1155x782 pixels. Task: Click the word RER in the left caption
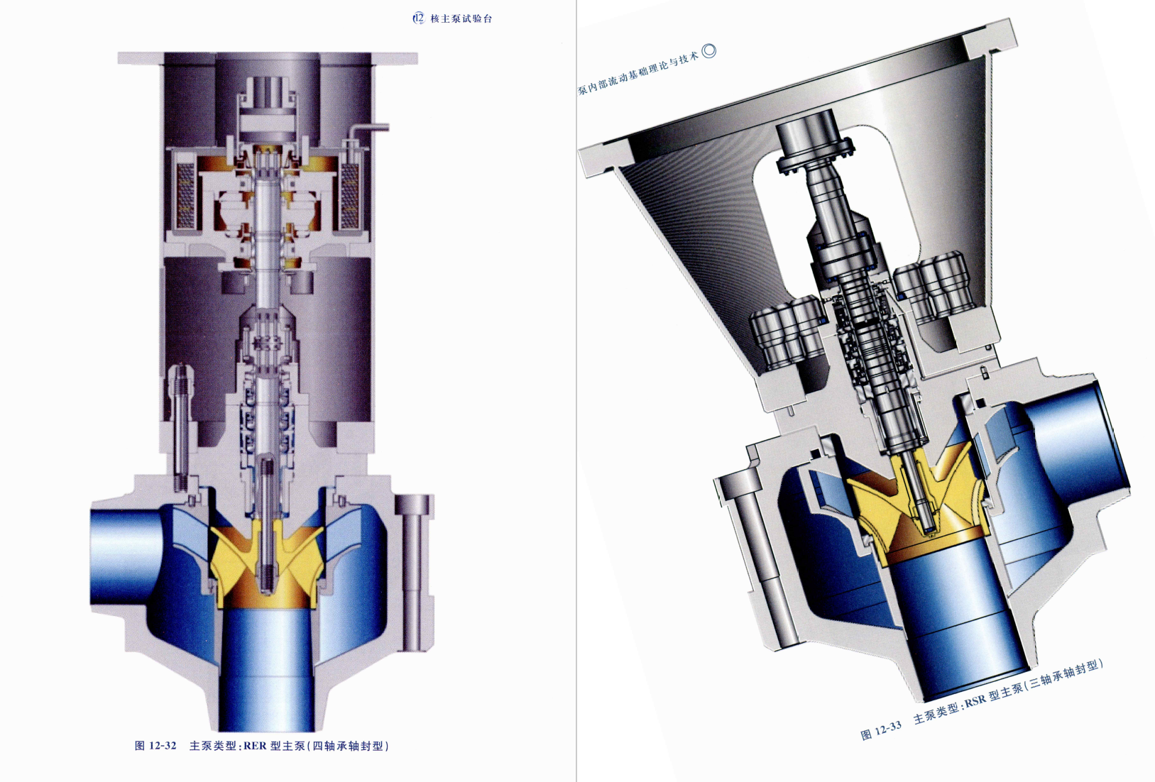click(255, 746)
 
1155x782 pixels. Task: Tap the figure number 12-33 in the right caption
click(888, 728)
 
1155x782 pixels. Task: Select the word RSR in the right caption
click(975, 700)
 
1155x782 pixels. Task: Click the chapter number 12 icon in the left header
click(418, 19)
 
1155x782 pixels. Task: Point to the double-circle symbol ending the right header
click(709, 50)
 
